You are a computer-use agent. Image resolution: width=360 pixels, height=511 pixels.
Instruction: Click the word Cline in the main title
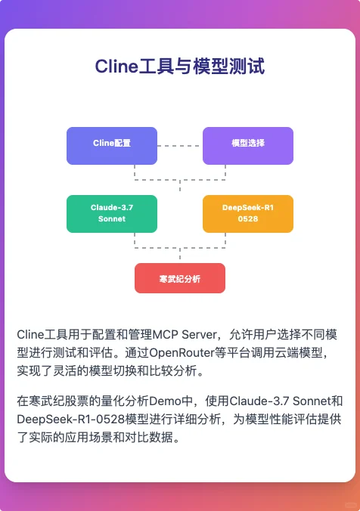click(113, 67)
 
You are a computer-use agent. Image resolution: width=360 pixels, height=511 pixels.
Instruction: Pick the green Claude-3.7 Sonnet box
click(112, 214)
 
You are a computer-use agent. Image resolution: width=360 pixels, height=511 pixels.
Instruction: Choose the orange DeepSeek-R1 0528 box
click(248, 214)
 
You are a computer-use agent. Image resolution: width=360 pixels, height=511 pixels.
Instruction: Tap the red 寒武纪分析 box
click(180, 278)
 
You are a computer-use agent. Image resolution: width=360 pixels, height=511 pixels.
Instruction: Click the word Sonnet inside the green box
click(112, 219)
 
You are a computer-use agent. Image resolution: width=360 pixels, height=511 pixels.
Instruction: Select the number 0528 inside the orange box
click(248, 219)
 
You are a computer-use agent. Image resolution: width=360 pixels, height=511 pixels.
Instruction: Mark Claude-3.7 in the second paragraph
click(259, 400)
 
